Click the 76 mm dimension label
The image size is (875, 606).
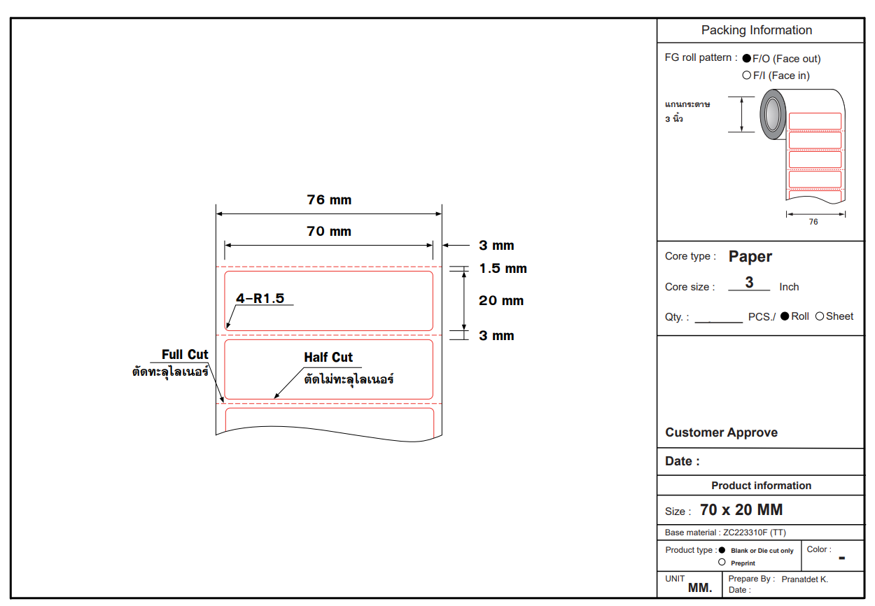(329, 200)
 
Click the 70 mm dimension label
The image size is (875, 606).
(329, 232)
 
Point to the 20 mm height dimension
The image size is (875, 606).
(501, 301)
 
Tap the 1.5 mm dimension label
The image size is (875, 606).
(503, 269)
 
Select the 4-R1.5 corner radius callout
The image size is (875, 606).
(260, 299)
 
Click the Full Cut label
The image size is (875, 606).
(185, 355)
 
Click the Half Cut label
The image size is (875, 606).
(328, 358)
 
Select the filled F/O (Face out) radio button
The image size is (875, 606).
(747, 59)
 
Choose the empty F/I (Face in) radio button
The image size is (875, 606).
(747, 76)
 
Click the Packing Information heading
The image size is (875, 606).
(757, 30)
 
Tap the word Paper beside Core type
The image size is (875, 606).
(750, 257)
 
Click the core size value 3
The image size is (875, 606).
(749, 283)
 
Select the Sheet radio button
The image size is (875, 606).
(820, 316)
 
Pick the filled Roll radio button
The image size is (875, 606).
(785, 316)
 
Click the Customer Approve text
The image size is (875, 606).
(721, 432)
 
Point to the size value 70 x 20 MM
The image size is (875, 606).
(741, 510)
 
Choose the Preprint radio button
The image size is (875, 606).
(722, 563)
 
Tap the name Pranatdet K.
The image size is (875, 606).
(804, 579)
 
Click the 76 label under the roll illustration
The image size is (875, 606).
(813, 222)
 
